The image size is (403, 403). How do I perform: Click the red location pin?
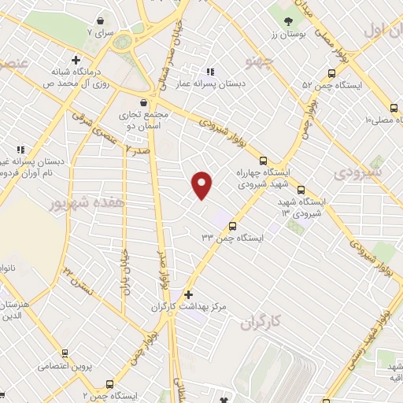click(202, 184)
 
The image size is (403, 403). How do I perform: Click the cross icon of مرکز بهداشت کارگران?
click(187, 294)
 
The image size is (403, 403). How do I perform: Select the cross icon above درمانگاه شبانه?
click(76, 59)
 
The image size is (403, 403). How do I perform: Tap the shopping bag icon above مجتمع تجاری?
click(142, 102)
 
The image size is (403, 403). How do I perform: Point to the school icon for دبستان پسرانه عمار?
click(209, 69)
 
